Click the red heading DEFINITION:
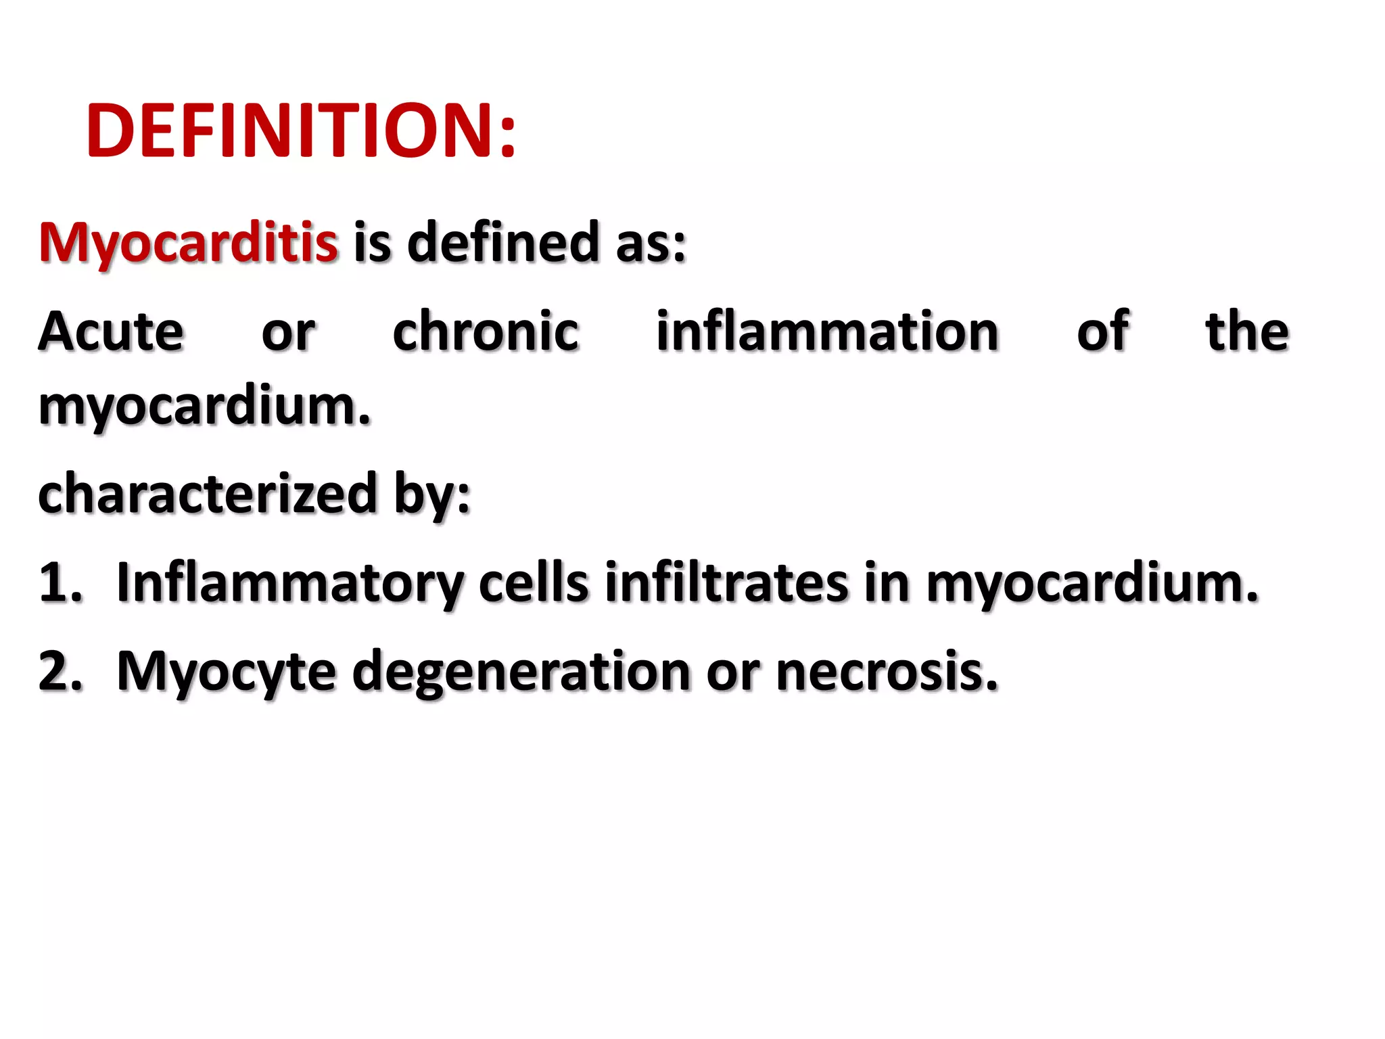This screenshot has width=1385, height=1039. click(301, 131)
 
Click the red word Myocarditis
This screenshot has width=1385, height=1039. click(188, 242)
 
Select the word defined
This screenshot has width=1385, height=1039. click(503, 242)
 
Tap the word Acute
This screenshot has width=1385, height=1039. click(111, 331)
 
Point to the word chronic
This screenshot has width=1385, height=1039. click(486, 331)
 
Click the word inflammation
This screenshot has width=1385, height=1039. click(827, 331)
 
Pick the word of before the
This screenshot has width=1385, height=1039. click(1102, 331)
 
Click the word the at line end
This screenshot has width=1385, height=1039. click(1247, 331)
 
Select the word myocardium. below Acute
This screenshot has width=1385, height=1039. click(205, 407)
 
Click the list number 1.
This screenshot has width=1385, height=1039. click(60, 582)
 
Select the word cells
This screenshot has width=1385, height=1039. click(534, 582)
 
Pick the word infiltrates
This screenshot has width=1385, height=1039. click(726, 582)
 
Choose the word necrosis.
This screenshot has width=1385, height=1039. click(887, 671)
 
